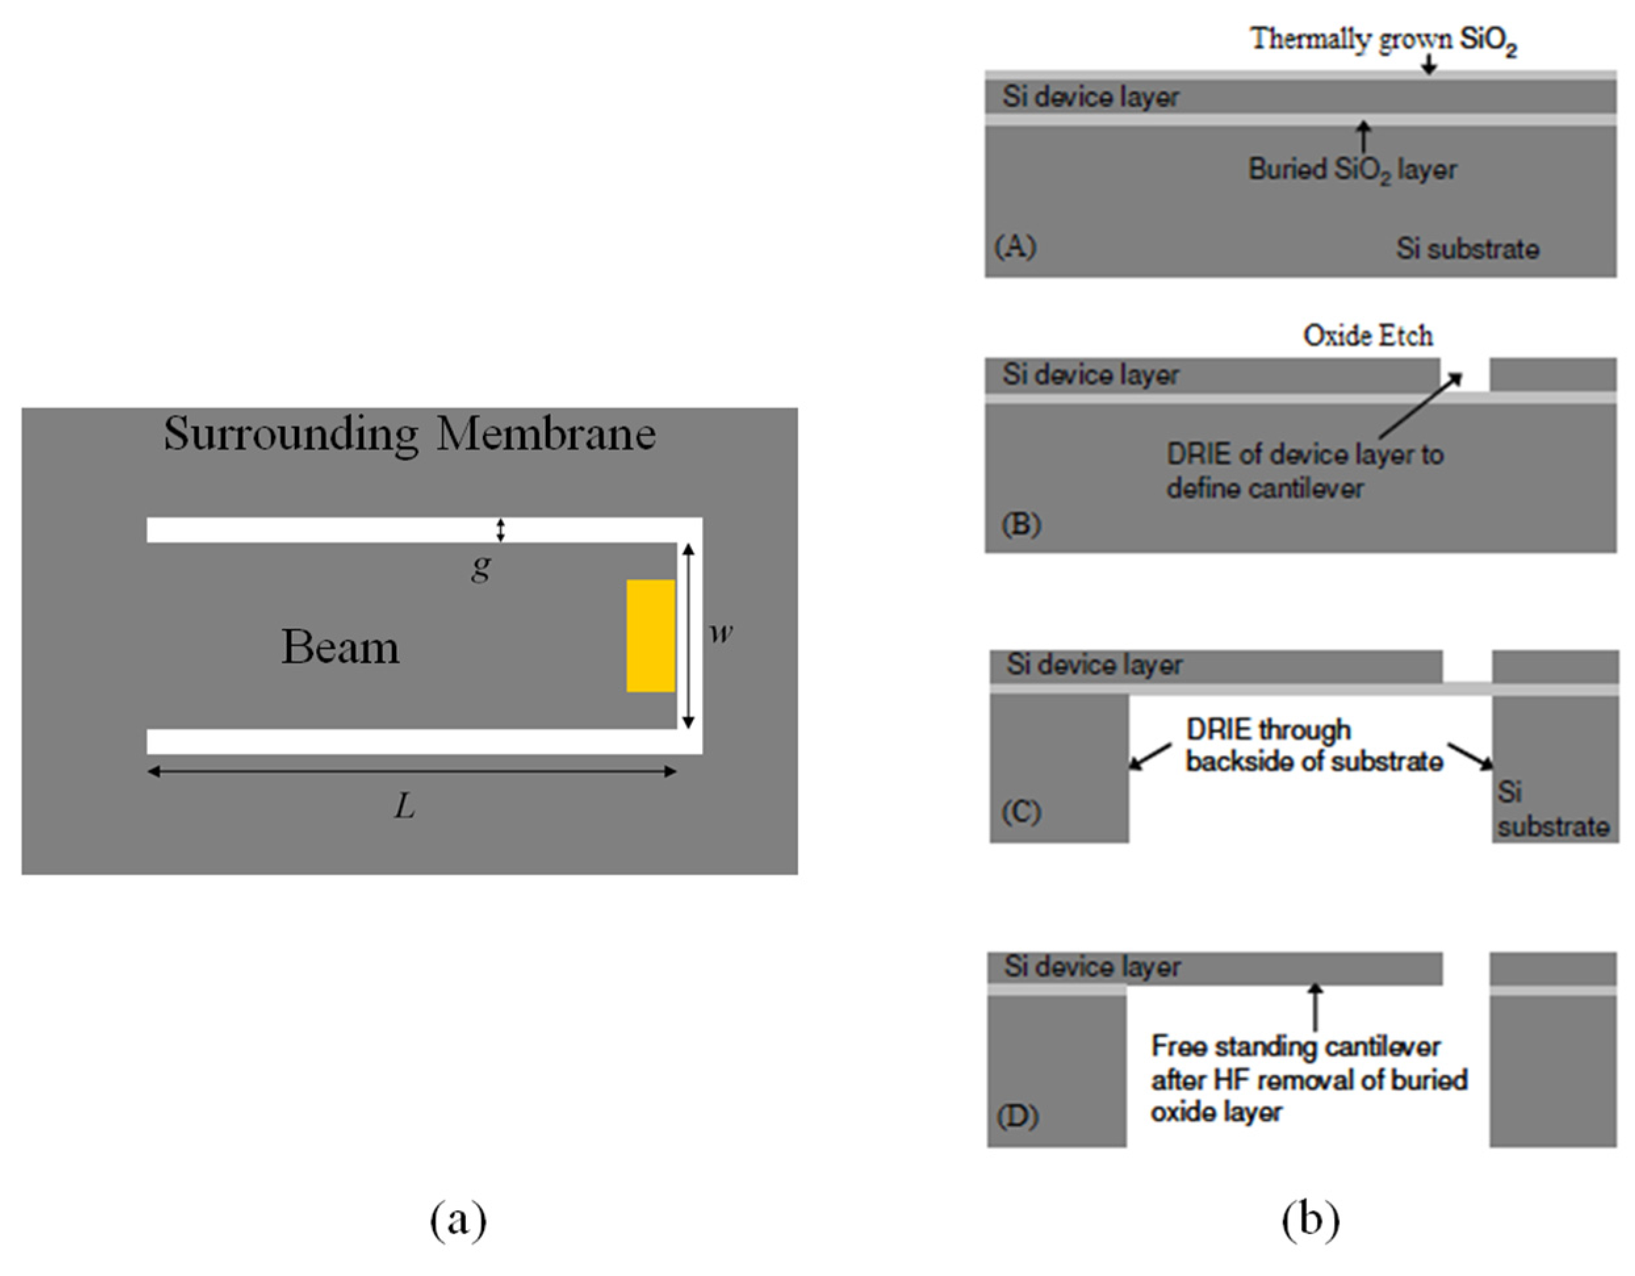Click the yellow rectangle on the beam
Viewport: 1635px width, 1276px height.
pos(650,636)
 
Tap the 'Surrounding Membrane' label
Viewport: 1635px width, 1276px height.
pos(409,433)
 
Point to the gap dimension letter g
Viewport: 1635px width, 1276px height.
pos(482,567)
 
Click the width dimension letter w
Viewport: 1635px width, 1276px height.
pos(721,632)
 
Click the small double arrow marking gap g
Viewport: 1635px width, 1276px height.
pos(501,530)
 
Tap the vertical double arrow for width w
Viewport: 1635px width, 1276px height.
pos(688,636)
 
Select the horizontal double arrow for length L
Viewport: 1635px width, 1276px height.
pos(412,772)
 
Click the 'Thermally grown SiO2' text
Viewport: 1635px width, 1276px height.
pos(1383,39)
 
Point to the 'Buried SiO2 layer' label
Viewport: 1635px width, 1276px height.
pos(1352,170)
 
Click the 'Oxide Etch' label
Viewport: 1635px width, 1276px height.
pos(1368,336)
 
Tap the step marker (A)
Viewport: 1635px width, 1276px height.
pos(1015,246)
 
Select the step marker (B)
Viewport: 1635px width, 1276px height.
pos(1021,525)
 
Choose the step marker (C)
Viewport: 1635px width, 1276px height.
pos(1021,812)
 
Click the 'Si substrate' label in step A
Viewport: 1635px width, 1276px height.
pos(1467,249)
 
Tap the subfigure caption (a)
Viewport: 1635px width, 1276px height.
pos(458,1220)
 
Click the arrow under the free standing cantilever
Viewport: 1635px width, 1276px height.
pos(1314,1007)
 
